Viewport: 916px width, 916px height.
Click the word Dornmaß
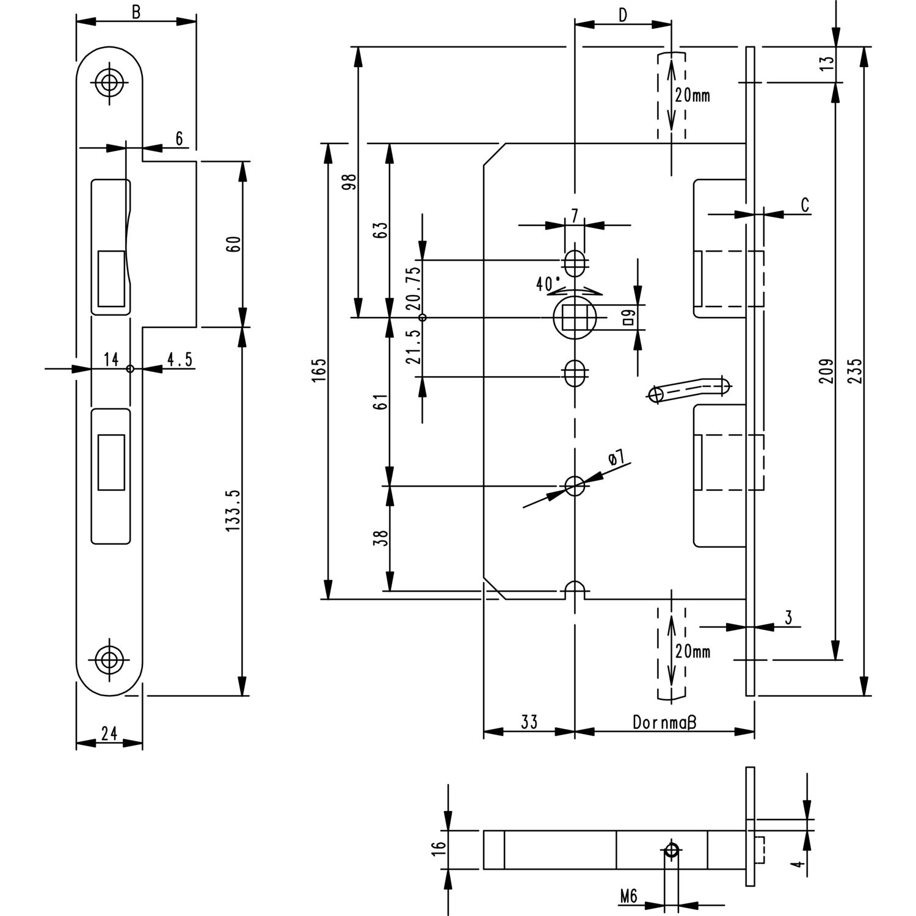tap(664, 722)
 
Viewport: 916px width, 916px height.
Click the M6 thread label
tap(628, 896)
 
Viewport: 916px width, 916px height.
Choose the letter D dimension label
tap(622, 16)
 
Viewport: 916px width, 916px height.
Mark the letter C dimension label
tap(805, 205)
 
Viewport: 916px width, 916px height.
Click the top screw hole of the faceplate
tap(110, 83)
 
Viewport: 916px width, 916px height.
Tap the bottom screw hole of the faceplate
tap(110, 660)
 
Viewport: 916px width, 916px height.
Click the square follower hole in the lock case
tap(575, 318)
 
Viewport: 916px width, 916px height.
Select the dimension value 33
tap(529, 722)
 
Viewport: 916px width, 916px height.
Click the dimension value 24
tap(109, 733)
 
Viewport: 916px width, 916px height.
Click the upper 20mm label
tap(692, 96)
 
